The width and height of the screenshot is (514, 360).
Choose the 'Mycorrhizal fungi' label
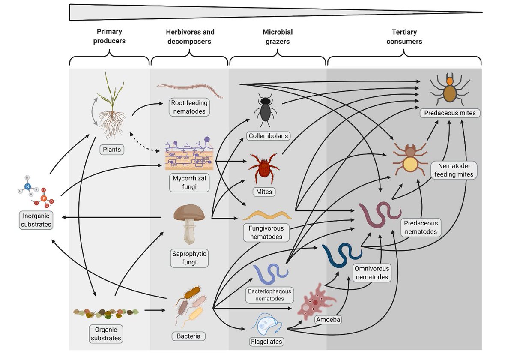coord(189,183)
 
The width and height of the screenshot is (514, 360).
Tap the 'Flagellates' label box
coord(266,342)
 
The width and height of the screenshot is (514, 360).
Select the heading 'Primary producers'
coord(109,36)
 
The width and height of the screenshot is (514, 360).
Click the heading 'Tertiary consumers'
coord(404,36)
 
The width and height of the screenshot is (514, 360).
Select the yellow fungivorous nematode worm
coord(267,214)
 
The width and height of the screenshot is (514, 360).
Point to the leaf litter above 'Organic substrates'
coord(105,313)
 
